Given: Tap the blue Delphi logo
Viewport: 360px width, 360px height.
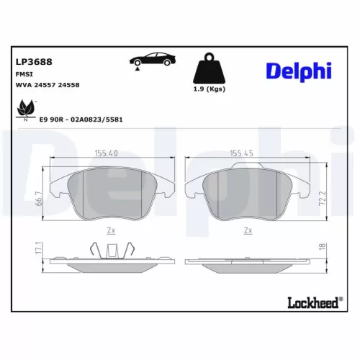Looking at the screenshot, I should pos(300,70).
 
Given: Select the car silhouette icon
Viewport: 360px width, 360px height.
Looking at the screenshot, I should pos(150,61).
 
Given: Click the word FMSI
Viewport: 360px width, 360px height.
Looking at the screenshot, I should pos(24,74).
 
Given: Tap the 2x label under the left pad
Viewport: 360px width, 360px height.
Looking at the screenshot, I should pos(111,230).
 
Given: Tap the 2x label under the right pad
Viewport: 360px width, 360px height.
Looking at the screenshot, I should pos(248,230).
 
